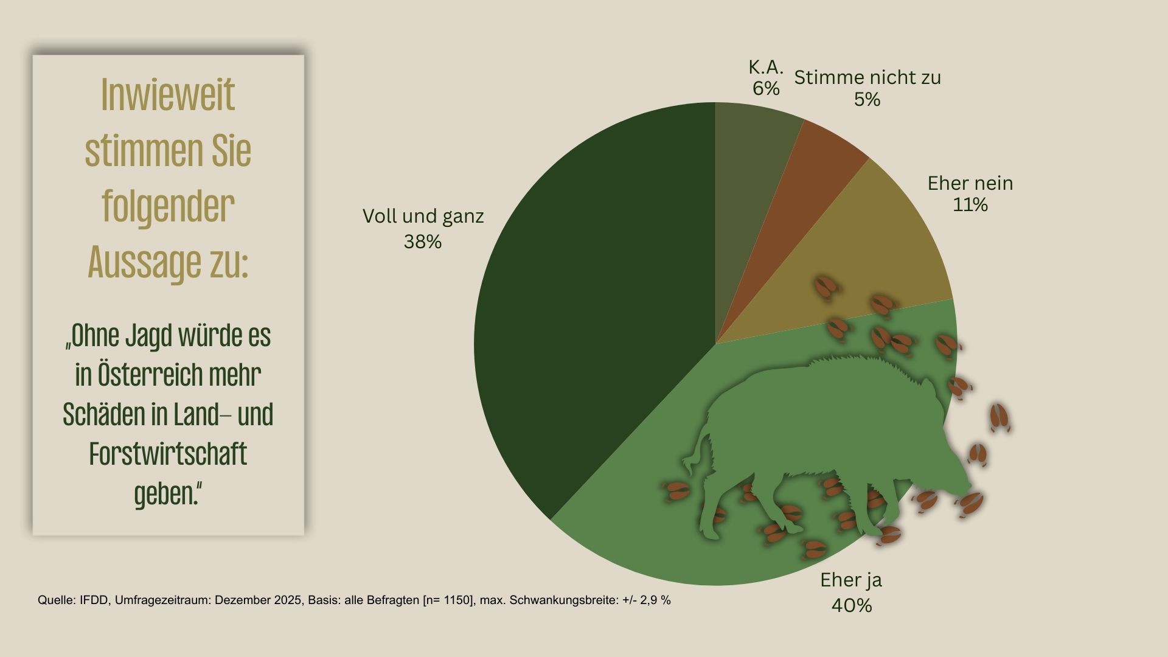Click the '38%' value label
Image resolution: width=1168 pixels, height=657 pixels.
(422, 242)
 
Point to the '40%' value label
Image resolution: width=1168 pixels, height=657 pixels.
(851, 606)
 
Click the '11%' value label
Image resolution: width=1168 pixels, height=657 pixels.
(970, 205)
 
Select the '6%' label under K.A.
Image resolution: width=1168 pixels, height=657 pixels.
(766, 89)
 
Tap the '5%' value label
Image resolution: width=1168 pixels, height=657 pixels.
(867, 100)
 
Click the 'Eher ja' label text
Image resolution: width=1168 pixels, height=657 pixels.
(851, 580)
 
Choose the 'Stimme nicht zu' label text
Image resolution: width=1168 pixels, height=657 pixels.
(867, 77)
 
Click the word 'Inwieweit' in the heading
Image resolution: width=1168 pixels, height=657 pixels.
(168, 95)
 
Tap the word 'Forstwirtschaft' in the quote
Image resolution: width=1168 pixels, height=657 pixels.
(168, 454)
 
